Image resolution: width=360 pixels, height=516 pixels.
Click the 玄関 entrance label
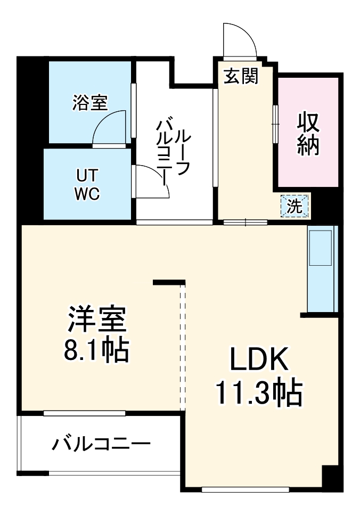[241, 77]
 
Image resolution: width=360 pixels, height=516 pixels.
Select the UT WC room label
[87, 184]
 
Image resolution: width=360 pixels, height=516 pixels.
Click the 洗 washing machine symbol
[294, 206]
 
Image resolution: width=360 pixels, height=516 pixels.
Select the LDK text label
[259, 360]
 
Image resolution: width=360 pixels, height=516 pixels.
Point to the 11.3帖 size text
[259, 393]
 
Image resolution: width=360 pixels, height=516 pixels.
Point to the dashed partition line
[183, 346]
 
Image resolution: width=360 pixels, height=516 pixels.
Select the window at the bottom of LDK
[246, 489]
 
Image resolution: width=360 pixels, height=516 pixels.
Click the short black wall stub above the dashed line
[169, 282]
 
